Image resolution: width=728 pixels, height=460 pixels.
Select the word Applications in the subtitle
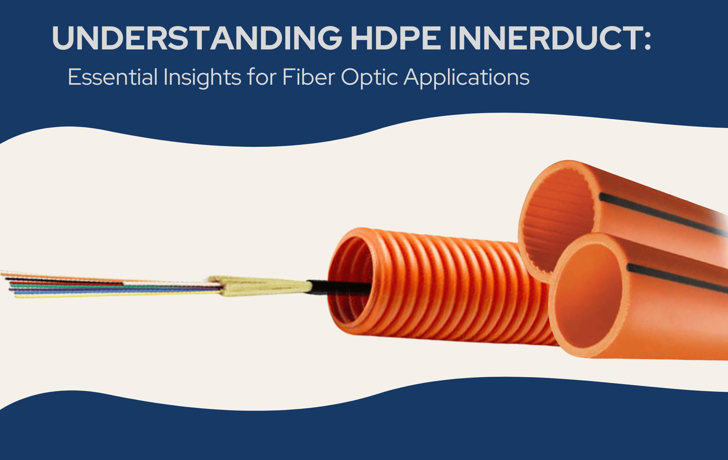(x=466, y=78)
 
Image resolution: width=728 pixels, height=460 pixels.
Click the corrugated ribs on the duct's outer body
(x=460, y=291)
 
